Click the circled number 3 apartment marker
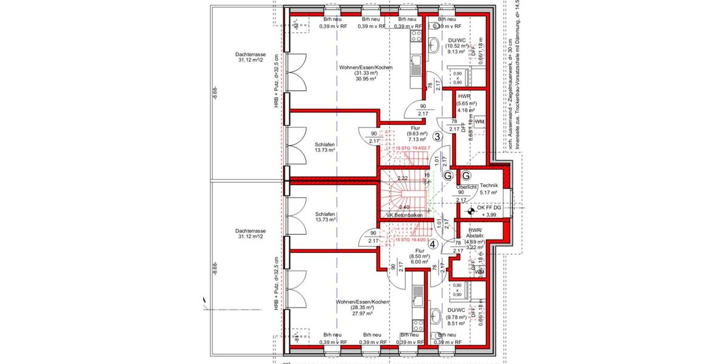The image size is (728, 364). coord(438,137)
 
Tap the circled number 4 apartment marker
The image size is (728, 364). coord(432,245)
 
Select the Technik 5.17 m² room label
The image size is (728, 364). coord(488,189)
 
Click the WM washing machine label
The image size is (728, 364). coord(479,123)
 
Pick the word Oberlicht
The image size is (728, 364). coord(466,187)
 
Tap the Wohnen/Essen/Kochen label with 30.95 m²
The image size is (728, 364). coord(366,73)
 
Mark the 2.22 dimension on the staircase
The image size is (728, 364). coord(402,179)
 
